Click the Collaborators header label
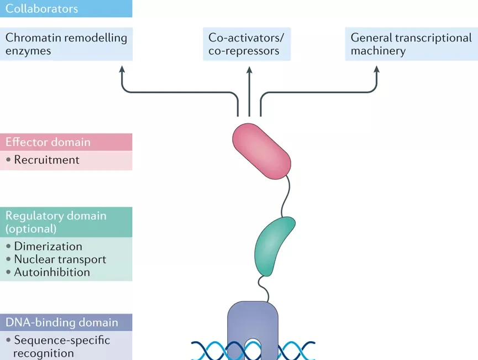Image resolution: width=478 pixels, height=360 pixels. point(41,9)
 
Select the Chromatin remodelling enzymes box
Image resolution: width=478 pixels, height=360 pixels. point(66,44)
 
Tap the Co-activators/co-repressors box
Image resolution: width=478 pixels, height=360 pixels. point(246,44)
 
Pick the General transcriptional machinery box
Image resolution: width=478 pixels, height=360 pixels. point(411,44)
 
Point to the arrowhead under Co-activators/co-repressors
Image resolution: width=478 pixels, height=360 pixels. point(249,70)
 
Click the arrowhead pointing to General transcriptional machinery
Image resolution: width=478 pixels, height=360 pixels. point(376,70)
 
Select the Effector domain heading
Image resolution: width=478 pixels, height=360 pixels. point(48,142)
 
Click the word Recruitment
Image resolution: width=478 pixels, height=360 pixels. point(47,160)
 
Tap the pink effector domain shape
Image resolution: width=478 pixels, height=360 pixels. point(261,151)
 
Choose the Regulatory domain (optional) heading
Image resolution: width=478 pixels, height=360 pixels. point(55,221)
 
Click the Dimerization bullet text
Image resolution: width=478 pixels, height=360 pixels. point(48,247)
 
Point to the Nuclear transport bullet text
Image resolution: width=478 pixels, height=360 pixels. point(60,259)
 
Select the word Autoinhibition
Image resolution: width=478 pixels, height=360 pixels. point(52,272)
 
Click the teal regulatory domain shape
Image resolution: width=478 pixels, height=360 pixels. point(275,246)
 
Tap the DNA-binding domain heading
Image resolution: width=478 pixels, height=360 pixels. point(61,322)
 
